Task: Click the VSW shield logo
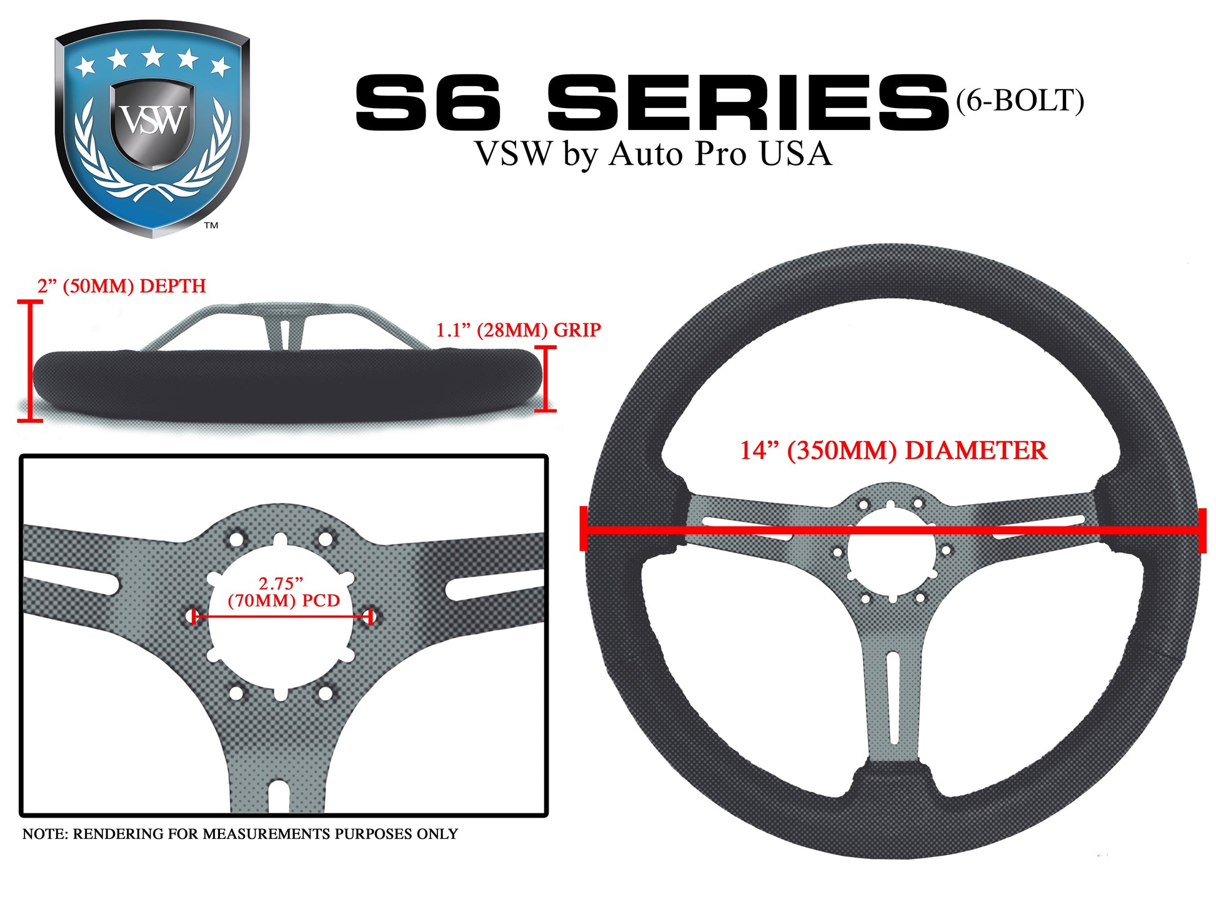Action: pyautogui.click(x=152, y=130)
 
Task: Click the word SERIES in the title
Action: pyautogui.click(x=748, y=102)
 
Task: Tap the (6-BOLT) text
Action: pyautogui.click(x=1020, y=101)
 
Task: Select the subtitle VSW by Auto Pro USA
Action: pyautogui.click(x=653, y=154)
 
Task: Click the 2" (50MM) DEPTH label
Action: pyautogui.click(x=121, y=286)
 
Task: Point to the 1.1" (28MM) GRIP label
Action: pyautogui.click(x=518, y=330)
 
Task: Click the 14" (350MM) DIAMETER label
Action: pyautogui.click(x=893, y=450)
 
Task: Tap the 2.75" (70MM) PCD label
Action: pyautogui.click(x=283, y=592)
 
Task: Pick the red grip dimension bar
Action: pyautogui.click(x=546, y=379)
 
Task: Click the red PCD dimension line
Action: pyautogui.click(x=282, y=617)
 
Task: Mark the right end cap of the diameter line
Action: pyautogui.click(x=1202, y=530)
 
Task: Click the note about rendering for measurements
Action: pyautogui.click(x=240, y=834)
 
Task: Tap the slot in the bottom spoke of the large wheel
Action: pyautogui.click(x=893, y=698)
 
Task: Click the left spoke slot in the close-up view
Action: pyautogui.click(x=72, y=578)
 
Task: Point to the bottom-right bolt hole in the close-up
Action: pyautogui.click(x=325, y=693)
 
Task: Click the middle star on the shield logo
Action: pyautogui.click(x=152, y=56)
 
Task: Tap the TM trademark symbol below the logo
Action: pyautogui.click(x=211, y=226)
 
